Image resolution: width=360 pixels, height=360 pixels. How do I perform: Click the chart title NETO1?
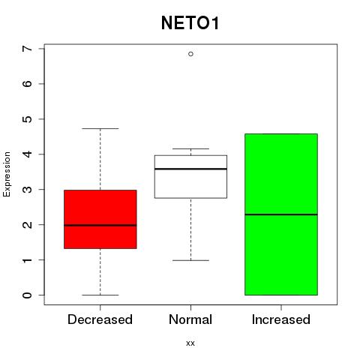[x=190, y=23]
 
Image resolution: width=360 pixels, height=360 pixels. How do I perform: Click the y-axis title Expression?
[x=7, y=174]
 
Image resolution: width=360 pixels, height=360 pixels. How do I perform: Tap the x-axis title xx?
[x=190, y=343]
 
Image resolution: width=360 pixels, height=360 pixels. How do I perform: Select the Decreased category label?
[x=100, y=319]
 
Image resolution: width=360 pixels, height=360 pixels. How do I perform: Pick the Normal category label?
[x=190, y=319]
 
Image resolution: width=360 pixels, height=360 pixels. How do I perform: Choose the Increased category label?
[x=281, y=319]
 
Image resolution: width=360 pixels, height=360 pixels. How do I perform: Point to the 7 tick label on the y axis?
[x=28, y=49]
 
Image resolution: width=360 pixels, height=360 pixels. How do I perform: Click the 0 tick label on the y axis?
[x=28, y=295]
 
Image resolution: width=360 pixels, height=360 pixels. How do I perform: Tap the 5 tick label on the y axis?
[x=28, y=119]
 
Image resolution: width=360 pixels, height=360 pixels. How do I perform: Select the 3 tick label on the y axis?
[x=28, y=190]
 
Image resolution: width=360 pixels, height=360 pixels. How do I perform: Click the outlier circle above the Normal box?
[x=190, y=54]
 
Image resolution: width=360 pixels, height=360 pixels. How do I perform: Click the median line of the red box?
[x=100, y=225]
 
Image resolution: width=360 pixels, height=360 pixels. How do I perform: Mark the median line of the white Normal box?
[x=190, y=169]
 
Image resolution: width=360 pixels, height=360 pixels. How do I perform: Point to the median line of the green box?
[x=281, y=214]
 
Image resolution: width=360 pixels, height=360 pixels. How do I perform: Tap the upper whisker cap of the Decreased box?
[x=100, y=128]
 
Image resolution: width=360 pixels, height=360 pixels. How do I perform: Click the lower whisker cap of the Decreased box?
[x=100, y=295]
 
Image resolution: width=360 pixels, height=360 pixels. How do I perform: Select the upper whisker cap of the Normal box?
[x=190, y=148]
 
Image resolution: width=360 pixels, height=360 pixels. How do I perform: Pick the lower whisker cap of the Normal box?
[x=190, y=260]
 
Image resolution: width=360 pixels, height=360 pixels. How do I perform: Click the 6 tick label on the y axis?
[x=28, y=84]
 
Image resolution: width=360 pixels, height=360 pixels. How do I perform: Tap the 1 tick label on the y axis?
[x=28, y=260]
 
